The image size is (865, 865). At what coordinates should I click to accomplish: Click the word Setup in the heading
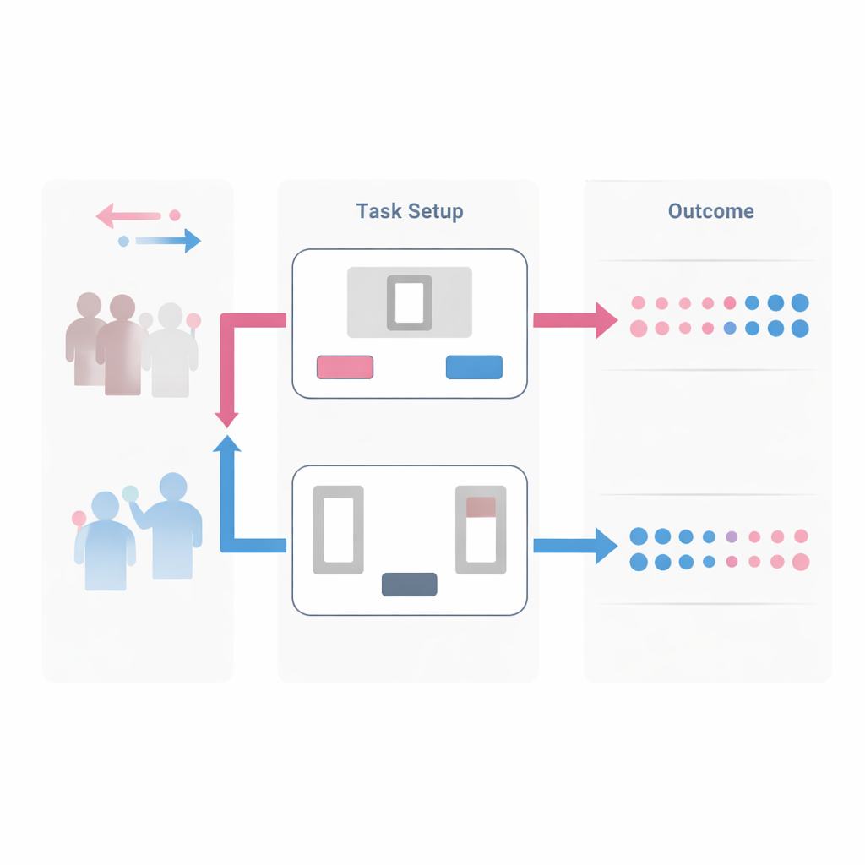[x=436, y=212]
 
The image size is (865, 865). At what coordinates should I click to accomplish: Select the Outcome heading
[x=711, y=211]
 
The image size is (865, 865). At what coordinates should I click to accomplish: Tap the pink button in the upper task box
[x=345, y=367]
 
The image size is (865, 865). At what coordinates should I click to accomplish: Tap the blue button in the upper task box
[x=474, y=367]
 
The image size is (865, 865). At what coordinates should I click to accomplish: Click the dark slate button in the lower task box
[x=410, y=585]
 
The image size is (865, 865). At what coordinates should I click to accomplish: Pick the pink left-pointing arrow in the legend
[x=128, y=215]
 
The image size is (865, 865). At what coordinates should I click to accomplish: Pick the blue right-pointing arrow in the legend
[x=168, y=241]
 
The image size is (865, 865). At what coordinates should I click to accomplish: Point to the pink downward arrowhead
[x=226, y=420]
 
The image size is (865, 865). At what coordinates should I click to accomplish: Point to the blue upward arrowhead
[x=226, y=443]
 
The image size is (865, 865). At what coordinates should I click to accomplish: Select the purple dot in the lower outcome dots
[x=732, y=536]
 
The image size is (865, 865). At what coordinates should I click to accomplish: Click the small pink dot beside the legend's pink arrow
[x=175, y=215]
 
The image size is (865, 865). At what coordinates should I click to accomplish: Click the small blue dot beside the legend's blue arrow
[x=123, y=241]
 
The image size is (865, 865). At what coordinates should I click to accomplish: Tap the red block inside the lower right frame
[x=481, y=507]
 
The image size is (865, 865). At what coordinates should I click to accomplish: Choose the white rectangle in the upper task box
[x=410, y=303]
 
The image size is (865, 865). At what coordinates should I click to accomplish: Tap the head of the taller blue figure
[x=173, y=487]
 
